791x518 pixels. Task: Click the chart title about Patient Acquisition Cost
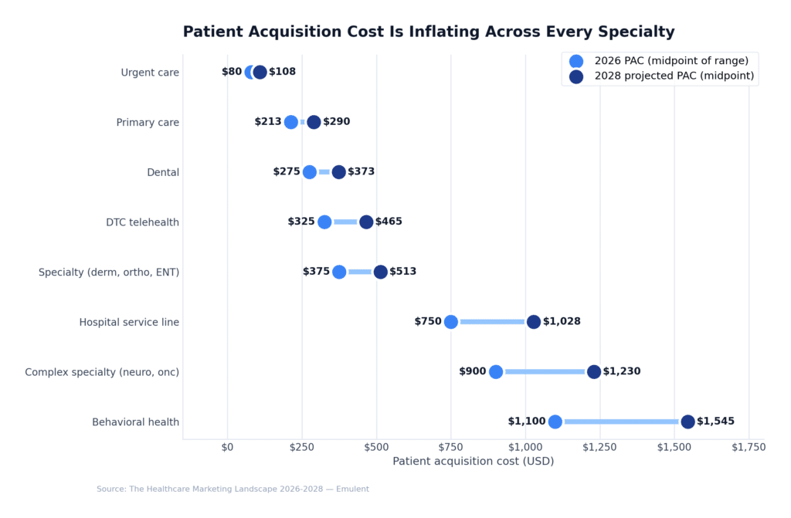[429, 32]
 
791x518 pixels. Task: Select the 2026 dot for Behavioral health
[555, 422]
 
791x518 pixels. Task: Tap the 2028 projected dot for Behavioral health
[687, 422]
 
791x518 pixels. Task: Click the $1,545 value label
[715, 422]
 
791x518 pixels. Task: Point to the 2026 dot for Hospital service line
[451, 322]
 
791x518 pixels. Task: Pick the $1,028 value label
[562, 322]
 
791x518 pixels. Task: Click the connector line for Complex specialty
[545, 372]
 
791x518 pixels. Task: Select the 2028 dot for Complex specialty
[594, 372]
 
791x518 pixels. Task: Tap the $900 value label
[473, 372]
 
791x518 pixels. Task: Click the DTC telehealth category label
[142, 222]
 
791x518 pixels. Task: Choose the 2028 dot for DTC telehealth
[366, 222]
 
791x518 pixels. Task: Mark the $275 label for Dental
[287, 172]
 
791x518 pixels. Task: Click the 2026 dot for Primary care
[291, 122]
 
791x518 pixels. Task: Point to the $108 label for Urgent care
[282, 73]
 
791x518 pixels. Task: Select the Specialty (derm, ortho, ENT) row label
[109, 273]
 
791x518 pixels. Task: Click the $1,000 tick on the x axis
[525, 447]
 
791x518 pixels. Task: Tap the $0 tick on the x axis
[227, 447]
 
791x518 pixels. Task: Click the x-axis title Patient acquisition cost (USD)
[473, 462]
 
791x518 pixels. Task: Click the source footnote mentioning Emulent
[233, 489]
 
